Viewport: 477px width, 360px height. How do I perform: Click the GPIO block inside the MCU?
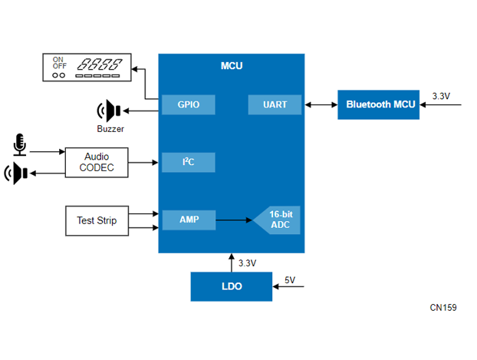188,104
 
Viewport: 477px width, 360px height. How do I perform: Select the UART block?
275,104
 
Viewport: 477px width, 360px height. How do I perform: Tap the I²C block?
188,162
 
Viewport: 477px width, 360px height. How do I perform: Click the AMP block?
188,220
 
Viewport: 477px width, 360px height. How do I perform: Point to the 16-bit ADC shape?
278,220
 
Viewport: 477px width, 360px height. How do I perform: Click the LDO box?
231,286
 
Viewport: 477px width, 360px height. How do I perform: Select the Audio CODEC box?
97,162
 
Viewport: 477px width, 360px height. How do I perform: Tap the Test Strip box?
97,220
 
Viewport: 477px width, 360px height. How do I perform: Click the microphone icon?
19,144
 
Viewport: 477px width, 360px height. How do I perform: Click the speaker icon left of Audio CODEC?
17,173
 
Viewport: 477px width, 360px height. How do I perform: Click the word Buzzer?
110,129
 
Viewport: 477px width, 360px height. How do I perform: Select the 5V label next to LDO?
290,280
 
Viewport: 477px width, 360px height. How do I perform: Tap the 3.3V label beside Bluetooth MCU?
441,96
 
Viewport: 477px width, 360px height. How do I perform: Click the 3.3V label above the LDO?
247,263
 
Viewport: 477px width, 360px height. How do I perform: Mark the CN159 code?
443,308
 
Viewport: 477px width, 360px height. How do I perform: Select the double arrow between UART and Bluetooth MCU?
321,104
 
